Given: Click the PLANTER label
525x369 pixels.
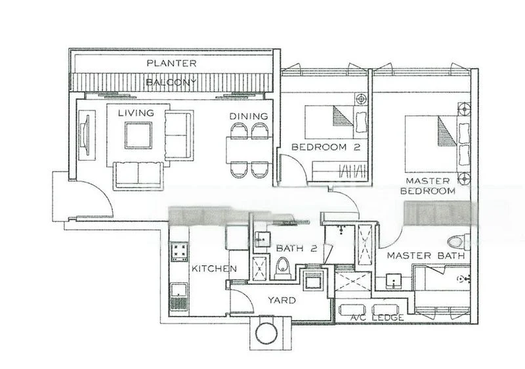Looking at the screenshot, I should (171, 64).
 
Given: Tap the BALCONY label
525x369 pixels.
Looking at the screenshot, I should (171, 83).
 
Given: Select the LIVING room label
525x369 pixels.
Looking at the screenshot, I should (136, 113).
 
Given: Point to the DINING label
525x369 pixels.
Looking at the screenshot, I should (249, 116).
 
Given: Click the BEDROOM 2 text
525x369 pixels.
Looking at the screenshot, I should (326, 147).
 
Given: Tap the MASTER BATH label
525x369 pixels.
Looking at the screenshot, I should (425, 255).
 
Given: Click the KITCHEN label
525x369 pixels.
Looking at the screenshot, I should (214, 269).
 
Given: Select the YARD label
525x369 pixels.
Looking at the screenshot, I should (282, 300).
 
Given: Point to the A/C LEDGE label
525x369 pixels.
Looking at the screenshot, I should (377, 318).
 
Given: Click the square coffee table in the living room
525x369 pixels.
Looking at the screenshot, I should (138, 135).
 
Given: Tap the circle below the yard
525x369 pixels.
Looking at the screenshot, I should (268, 333).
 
